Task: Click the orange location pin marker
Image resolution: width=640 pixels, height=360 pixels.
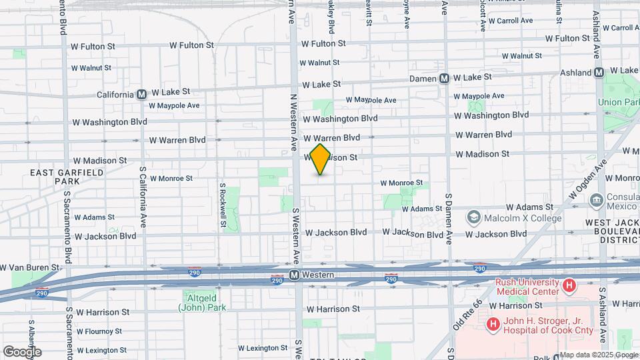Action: [320, 159]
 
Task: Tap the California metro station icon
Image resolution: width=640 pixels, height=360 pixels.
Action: [142, 95]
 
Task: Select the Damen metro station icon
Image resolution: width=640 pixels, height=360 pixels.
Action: [445, 79]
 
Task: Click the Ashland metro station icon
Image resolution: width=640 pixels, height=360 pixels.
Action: [599, 72]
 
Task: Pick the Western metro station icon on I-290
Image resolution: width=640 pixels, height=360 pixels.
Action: [294, 275]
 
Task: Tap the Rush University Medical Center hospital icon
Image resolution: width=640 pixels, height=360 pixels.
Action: [569, 286]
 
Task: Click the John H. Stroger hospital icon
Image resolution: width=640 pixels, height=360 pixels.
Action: [493, 325]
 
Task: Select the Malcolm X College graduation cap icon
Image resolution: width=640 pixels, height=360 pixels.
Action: [474, 217]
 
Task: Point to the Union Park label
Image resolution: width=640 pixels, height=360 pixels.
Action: [619, 102]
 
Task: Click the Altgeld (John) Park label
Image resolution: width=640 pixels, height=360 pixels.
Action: [202, 302]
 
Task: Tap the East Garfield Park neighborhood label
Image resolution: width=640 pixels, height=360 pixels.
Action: [67, 177]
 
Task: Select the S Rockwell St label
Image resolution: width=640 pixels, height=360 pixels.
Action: [223, 204]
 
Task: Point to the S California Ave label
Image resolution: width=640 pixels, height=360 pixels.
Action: [143, 196]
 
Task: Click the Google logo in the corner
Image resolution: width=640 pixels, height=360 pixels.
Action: [22, 352]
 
